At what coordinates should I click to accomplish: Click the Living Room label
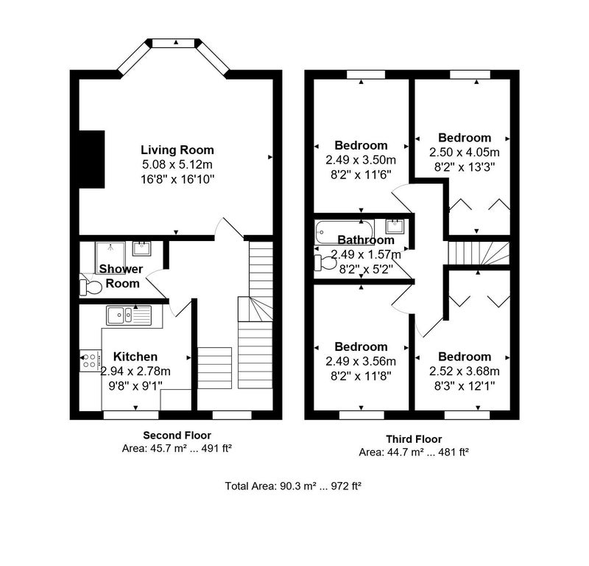[x=177, y=150]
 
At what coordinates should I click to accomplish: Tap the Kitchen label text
[x=135, y=357]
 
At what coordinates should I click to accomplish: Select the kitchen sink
[x=129, y=315]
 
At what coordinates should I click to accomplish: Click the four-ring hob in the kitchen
[x=91, y=361]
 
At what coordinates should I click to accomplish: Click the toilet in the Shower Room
[x=91, y=287]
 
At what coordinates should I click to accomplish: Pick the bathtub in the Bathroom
[x=345, y=231]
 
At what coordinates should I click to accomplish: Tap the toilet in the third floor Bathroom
[x=325, y=262]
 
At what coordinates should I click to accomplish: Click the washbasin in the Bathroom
[x=395, y=226]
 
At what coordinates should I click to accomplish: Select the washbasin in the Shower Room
[x=141, y=248]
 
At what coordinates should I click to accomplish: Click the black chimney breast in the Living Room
[x=91, y=159]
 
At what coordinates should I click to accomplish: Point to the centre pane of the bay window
[x=175, y=43]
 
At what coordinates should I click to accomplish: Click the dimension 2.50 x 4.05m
[x=465, y=153]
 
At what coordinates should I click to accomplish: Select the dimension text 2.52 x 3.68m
[x=465, y=371]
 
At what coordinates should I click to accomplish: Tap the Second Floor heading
[x=177, y=436]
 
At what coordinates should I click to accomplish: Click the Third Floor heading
[x=414, y=439]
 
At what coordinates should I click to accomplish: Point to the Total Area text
[x=293, y=486]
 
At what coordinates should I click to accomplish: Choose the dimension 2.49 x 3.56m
[x=361, y=361]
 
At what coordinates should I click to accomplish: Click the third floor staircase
[x=479, y=253]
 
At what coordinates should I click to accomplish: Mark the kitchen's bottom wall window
[x=131, y=415]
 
